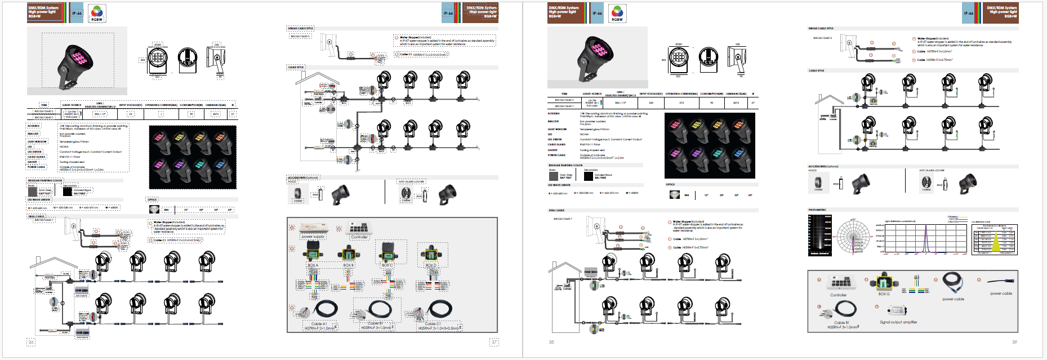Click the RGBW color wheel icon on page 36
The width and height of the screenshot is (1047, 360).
(97, 12)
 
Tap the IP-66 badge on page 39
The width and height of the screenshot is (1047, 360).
(968, 12)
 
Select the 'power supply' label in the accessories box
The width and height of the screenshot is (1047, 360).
(313, 237)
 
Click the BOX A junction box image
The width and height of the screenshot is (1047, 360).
(313, 253)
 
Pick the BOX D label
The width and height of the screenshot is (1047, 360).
(431, 265)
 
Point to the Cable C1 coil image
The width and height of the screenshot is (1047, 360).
(439, 309)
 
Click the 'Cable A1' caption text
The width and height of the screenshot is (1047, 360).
(319, 324)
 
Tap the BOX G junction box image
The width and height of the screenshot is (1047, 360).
(884, 282)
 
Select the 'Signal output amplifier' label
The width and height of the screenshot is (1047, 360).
(898, 322)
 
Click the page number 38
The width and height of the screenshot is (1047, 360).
(551, 342)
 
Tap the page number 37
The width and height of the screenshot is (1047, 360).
(494, 342)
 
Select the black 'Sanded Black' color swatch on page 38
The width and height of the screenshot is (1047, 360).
(588, 176)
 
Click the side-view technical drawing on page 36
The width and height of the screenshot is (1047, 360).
(216, 60)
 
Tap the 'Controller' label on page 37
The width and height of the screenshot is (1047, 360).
(359, 237)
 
